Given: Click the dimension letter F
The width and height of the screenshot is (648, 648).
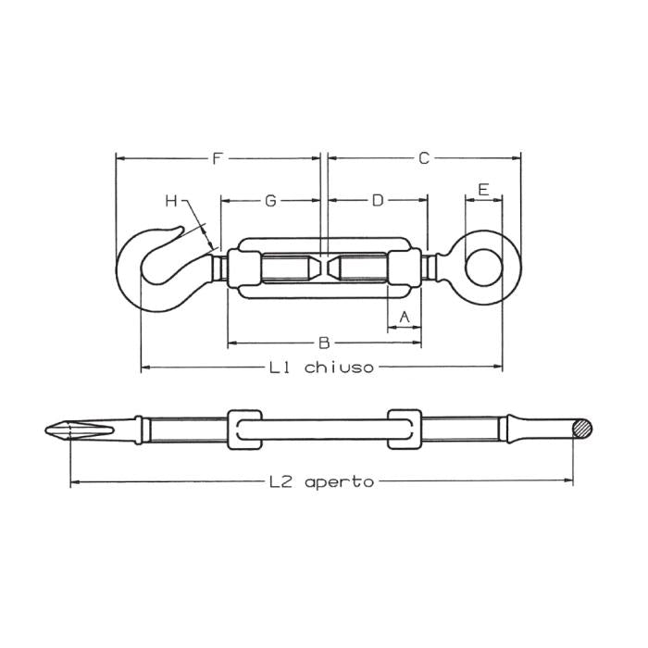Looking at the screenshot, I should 217,158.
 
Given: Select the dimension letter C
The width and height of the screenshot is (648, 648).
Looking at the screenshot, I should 423,158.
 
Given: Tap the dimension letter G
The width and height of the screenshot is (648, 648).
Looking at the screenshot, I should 270,200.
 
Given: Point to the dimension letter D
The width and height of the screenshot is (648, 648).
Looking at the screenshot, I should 377,200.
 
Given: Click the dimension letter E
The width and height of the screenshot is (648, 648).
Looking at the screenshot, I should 482,190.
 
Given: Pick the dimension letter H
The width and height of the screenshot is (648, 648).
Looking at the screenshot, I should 171,200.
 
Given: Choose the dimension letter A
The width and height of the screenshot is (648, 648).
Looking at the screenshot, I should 403,318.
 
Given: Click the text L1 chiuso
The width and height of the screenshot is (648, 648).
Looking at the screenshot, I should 321,368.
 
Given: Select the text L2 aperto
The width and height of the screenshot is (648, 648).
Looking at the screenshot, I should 321,482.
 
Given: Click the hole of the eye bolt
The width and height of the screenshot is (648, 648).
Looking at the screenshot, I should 482,268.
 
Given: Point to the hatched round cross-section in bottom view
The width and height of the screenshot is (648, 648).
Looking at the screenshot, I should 581,429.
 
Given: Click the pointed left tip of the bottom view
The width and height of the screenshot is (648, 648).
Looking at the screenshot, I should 47,430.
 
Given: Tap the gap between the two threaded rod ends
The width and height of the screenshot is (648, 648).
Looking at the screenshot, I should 322,268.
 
